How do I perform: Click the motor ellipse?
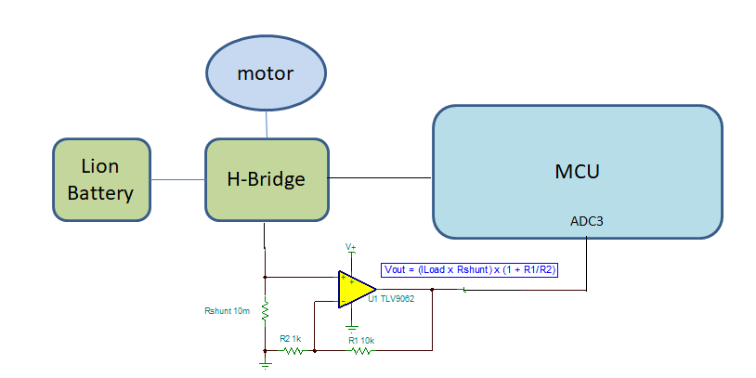(266, 73)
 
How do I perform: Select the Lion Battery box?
(101, 180)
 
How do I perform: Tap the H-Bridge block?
(266, 179)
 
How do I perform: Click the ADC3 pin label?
(587, 223)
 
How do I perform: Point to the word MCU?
(577, 171)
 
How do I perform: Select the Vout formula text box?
(470, 269)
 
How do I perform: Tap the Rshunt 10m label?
(228, 310)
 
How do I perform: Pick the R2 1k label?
(292, 340)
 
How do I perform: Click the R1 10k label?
(361, 341)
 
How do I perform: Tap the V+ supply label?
(351, 247)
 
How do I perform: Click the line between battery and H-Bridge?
(177, 179)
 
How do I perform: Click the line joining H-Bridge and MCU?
(380, 176)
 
